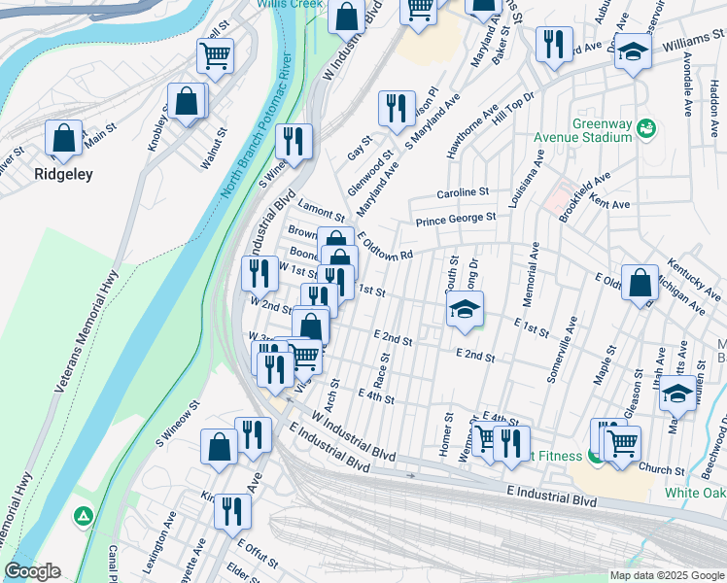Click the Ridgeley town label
tap(63, 175)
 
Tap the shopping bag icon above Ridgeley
tap(63, 139)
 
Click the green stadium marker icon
tap(648, 128)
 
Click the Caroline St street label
tap(462, 193)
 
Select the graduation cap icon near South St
tap(465, 310)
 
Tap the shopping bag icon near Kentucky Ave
tap(640, 285)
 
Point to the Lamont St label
tap(322, 214)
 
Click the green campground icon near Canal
tap(85, 514)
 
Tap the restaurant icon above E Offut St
tap(231, 510)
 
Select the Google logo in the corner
tap(32, 571)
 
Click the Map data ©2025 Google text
tap(666, 575)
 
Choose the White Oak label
tap(694, 493)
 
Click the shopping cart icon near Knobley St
tap(215, 55)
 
